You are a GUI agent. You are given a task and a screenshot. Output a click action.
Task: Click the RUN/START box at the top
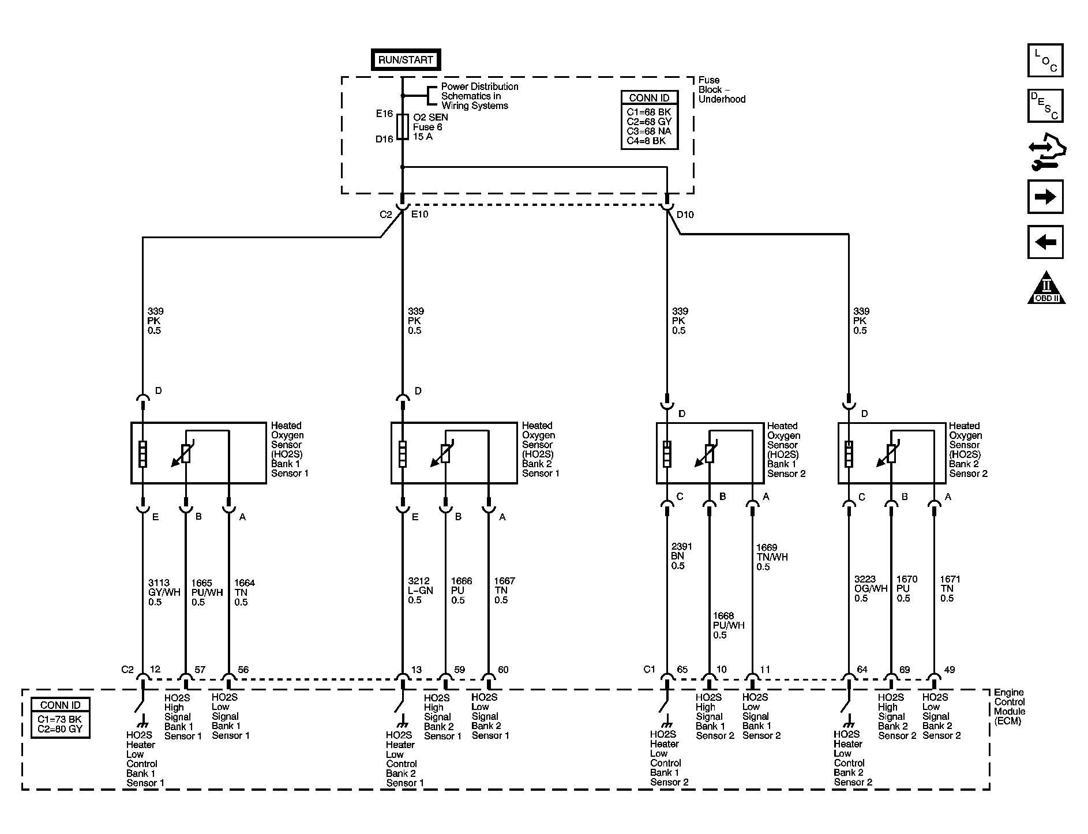click(406, 59)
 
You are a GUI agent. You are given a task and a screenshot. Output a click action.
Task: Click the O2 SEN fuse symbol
click(403, 127)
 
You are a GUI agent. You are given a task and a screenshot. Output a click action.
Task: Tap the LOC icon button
click(1045, 61)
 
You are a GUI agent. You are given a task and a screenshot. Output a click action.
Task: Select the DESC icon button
click(1045, 106)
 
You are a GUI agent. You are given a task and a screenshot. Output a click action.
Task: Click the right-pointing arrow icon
click(1045, 197)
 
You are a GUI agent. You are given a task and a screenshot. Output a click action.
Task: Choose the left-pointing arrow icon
click(1045, 242)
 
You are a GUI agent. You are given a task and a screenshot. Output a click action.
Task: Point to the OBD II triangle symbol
click(1046, 288)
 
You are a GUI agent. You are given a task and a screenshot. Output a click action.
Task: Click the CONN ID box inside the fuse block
click(649, 120)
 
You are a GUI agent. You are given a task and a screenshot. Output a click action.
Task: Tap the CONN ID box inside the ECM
click(61, 717)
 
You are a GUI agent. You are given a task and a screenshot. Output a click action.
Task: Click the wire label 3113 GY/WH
click(164, 592)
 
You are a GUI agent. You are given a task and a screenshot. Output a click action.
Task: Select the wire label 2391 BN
click(681, 556)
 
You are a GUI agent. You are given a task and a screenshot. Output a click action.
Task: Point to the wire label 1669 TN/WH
click(772, 557)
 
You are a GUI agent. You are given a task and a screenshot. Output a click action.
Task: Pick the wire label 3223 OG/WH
click(871, 588)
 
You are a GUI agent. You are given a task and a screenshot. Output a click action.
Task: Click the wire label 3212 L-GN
click(421, 591)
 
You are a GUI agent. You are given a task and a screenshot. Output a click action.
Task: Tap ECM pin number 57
click(200, 670)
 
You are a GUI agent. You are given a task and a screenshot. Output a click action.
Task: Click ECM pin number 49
click(949, 670)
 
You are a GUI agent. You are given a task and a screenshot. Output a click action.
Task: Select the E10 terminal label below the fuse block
click(419, 215)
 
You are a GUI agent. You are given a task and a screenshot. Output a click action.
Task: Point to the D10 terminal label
click(685, 215)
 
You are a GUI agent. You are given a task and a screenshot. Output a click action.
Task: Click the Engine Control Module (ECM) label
click(1010, 707)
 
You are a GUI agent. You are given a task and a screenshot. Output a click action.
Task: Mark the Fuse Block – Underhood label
click(722, 89)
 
